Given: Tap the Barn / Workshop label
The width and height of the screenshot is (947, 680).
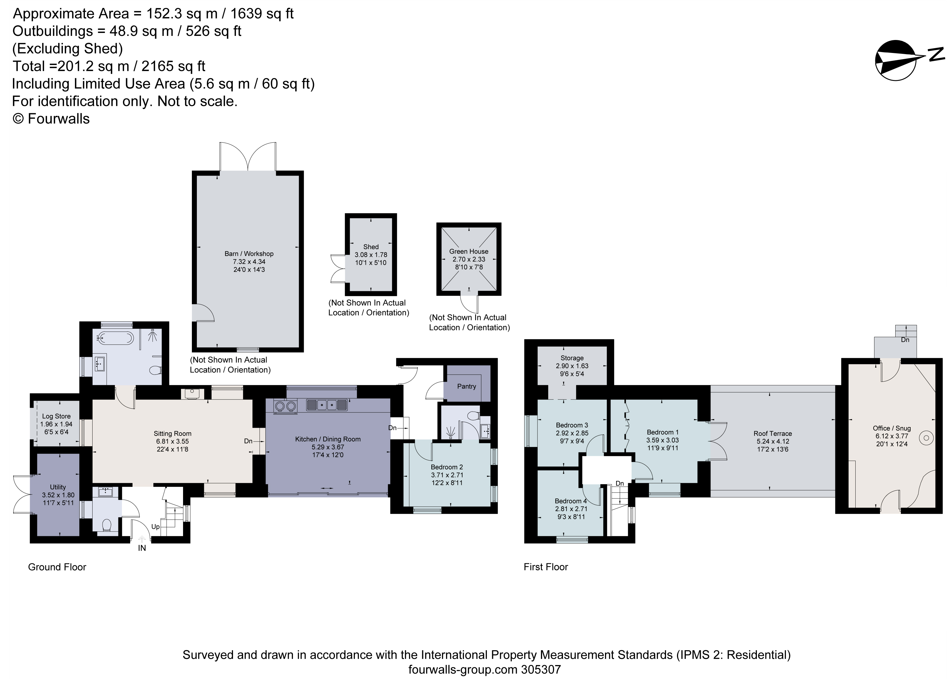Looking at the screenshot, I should tap(249, 254).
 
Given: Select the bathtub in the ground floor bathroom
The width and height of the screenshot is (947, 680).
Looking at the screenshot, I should tap(116, 338).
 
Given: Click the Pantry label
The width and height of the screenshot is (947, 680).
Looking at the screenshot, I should tap(466, 386).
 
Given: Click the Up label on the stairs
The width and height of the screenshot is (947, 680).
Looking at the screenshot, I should tap(155, 526).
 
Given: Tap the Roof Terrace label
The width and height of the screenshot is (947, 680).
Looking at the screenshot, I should tap(772, 434).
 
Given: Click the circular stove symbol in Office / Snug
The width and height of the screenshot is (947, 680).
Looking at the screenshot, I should tap(926, 438).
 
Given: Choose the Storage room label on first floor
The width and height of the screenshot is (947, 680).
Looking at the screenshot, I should tap(571, 358).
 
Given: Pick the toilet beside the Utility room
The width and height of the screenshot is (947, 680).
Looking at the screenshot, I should tap(106, 525).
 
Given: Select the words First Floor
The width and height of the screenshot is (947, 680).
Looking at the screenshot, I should tap(546, 567).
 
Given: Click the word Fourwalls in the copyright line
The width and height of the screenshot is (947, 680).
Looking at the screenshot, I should tap(58, 119).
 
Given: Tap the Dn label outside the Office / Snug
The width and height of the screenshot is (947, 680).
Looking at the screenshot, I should tap(905, 340).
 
